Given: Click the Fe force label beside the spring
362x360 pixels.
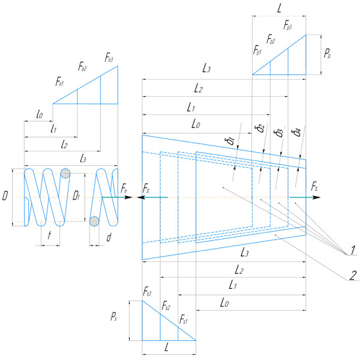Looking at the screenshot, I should [125, 190].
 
